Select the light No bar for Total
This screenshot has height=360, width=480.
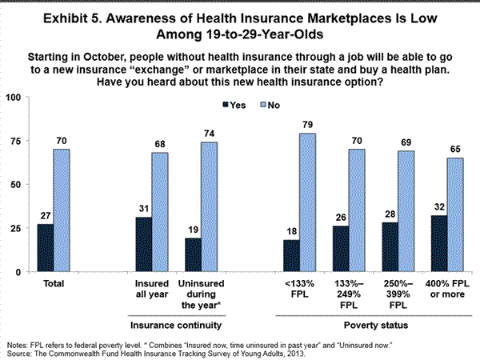tap(62, 210)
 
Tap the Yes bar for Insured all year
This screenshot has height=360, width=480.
tap(145, 245)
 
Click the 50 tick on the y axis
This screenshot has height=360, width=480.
tap(16, 185)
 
